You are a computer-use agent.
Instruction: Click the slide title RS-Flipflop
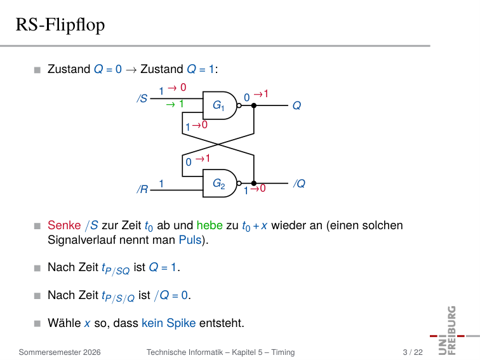coord(60,25)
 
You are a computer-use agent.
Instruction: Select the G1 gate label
coord(218,105)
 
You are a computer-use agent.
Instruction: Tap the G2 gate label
coord(219,183)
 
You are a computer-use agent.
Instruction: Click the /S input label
coord(142,98)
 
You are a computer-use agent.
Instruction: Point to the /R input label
coord(142,189)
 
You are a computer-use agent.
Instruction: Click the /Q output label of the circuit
coord(300,183)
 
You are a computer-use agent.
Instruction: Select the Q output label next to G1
coord(297,105)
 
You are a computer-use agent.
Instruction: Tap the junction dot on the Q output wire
coord(254,105)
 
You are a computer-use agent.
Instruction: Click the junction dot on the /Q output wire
coord(254,183)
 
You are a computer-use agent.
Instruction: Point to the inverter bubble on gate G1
coord(239,105)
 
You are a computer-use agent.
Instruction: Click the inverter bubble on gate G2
coord(239,183)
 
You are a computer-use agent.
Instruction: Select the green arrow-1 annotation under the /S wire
coord(175,104)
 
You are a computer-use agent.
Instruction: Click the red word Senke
coord(64,225)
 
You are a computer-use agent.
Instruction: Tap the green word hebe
coord(210,225)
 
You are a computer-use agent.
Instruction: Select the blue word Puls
coord(190,240)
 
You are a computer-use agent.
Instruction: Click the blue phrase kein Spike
coord(169,323)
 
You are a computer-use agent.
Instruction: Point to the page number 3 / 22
coord(413,352)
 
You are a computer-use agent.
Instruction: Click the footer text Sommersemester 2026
coord(60,352)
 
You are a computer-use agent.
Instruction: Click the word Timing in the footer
coord(283,352)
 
